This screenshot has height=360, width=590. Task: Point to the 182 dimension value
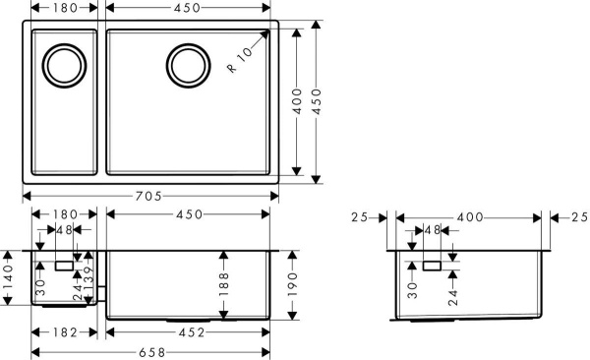pyautogui.click(x=66, y=332)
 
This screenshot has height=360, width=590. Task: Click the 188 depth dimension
pyautogui.click(x=224, y=283)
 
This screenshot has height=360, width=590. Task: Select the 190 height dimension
pyautogui.click(x=294, y=283)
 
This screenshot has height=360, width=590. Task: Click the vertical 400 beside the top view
pyautogui.click(x=297, y=101)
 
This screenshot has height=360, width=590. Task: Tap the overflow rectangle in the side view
pyautogui.click(x=433, y=265)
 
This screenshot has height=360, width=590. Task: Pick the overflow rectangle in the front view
pyautogui.click(x=65, y=265)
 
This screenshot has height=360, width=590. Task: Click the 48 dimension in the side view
pyautogui.click(x=431, y=230)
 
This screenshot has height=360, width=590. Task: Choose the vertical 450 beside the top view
pyautogui.click(x=317, y=101)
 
